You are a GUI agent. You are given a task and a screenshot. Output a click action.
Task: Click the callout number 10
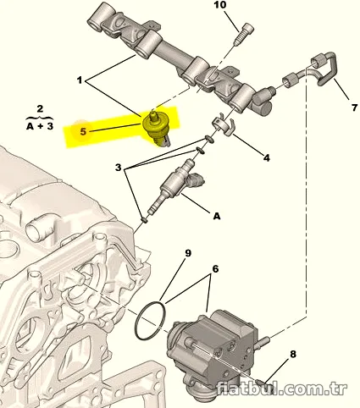click(x=220, y=5)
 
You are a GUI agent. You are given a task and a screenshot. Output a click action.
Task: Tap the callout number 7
click(x=354, y=108)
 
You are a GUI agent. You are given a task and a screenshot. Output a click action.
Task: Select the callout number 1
click(x=80, y=80)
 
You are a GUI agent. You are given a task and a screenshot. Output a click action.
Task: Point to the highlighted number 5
click(x=83, y=131)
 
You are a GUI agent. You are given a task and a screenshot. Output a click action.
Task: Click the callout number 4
click(x=266, y=157)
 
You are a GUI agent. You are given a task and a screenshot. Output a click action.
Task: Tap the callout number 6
click(x=215, y=269)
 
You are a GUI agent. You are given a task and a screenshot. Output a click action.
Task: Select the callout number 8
click(x=293, y=354)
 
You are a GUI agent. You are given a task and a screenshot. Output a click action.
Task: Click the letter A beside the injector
click(x=217, y=217)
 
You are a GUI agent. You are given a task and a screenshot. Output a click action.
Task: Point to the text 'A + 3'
click(x=40, y=126)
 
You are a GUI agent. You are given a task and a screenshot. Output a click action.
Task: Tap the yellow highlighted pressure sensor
click(x=156, y=128)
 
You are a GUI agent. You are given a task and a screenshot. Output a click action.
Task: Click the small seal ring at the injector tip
click(x=144, y=219)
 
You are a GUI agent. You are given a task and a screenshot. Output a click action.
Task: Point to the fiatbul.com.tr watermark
click(x=281, y=389)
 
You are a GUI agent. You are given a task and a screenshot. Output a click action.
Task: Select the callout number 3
click(x=118, y=168)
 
